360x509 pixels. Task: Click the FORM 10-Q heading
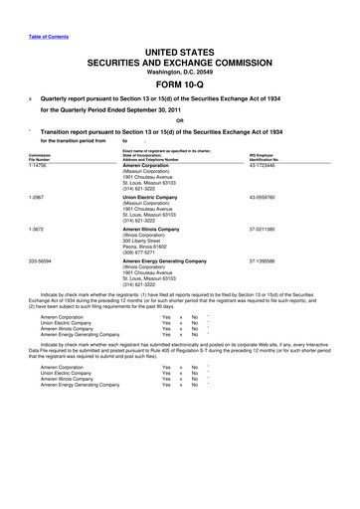[179, 84]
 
